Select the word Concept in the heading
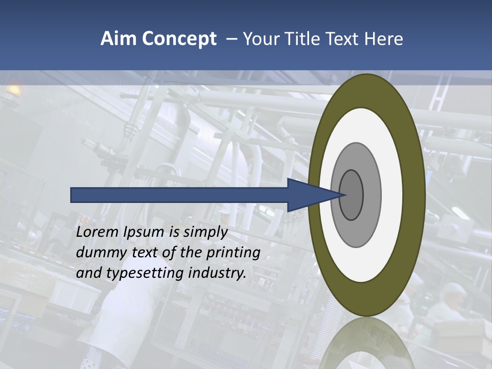(179, 39)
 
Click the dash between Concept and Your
(231, 39)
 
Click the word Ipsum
(146, 232)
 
